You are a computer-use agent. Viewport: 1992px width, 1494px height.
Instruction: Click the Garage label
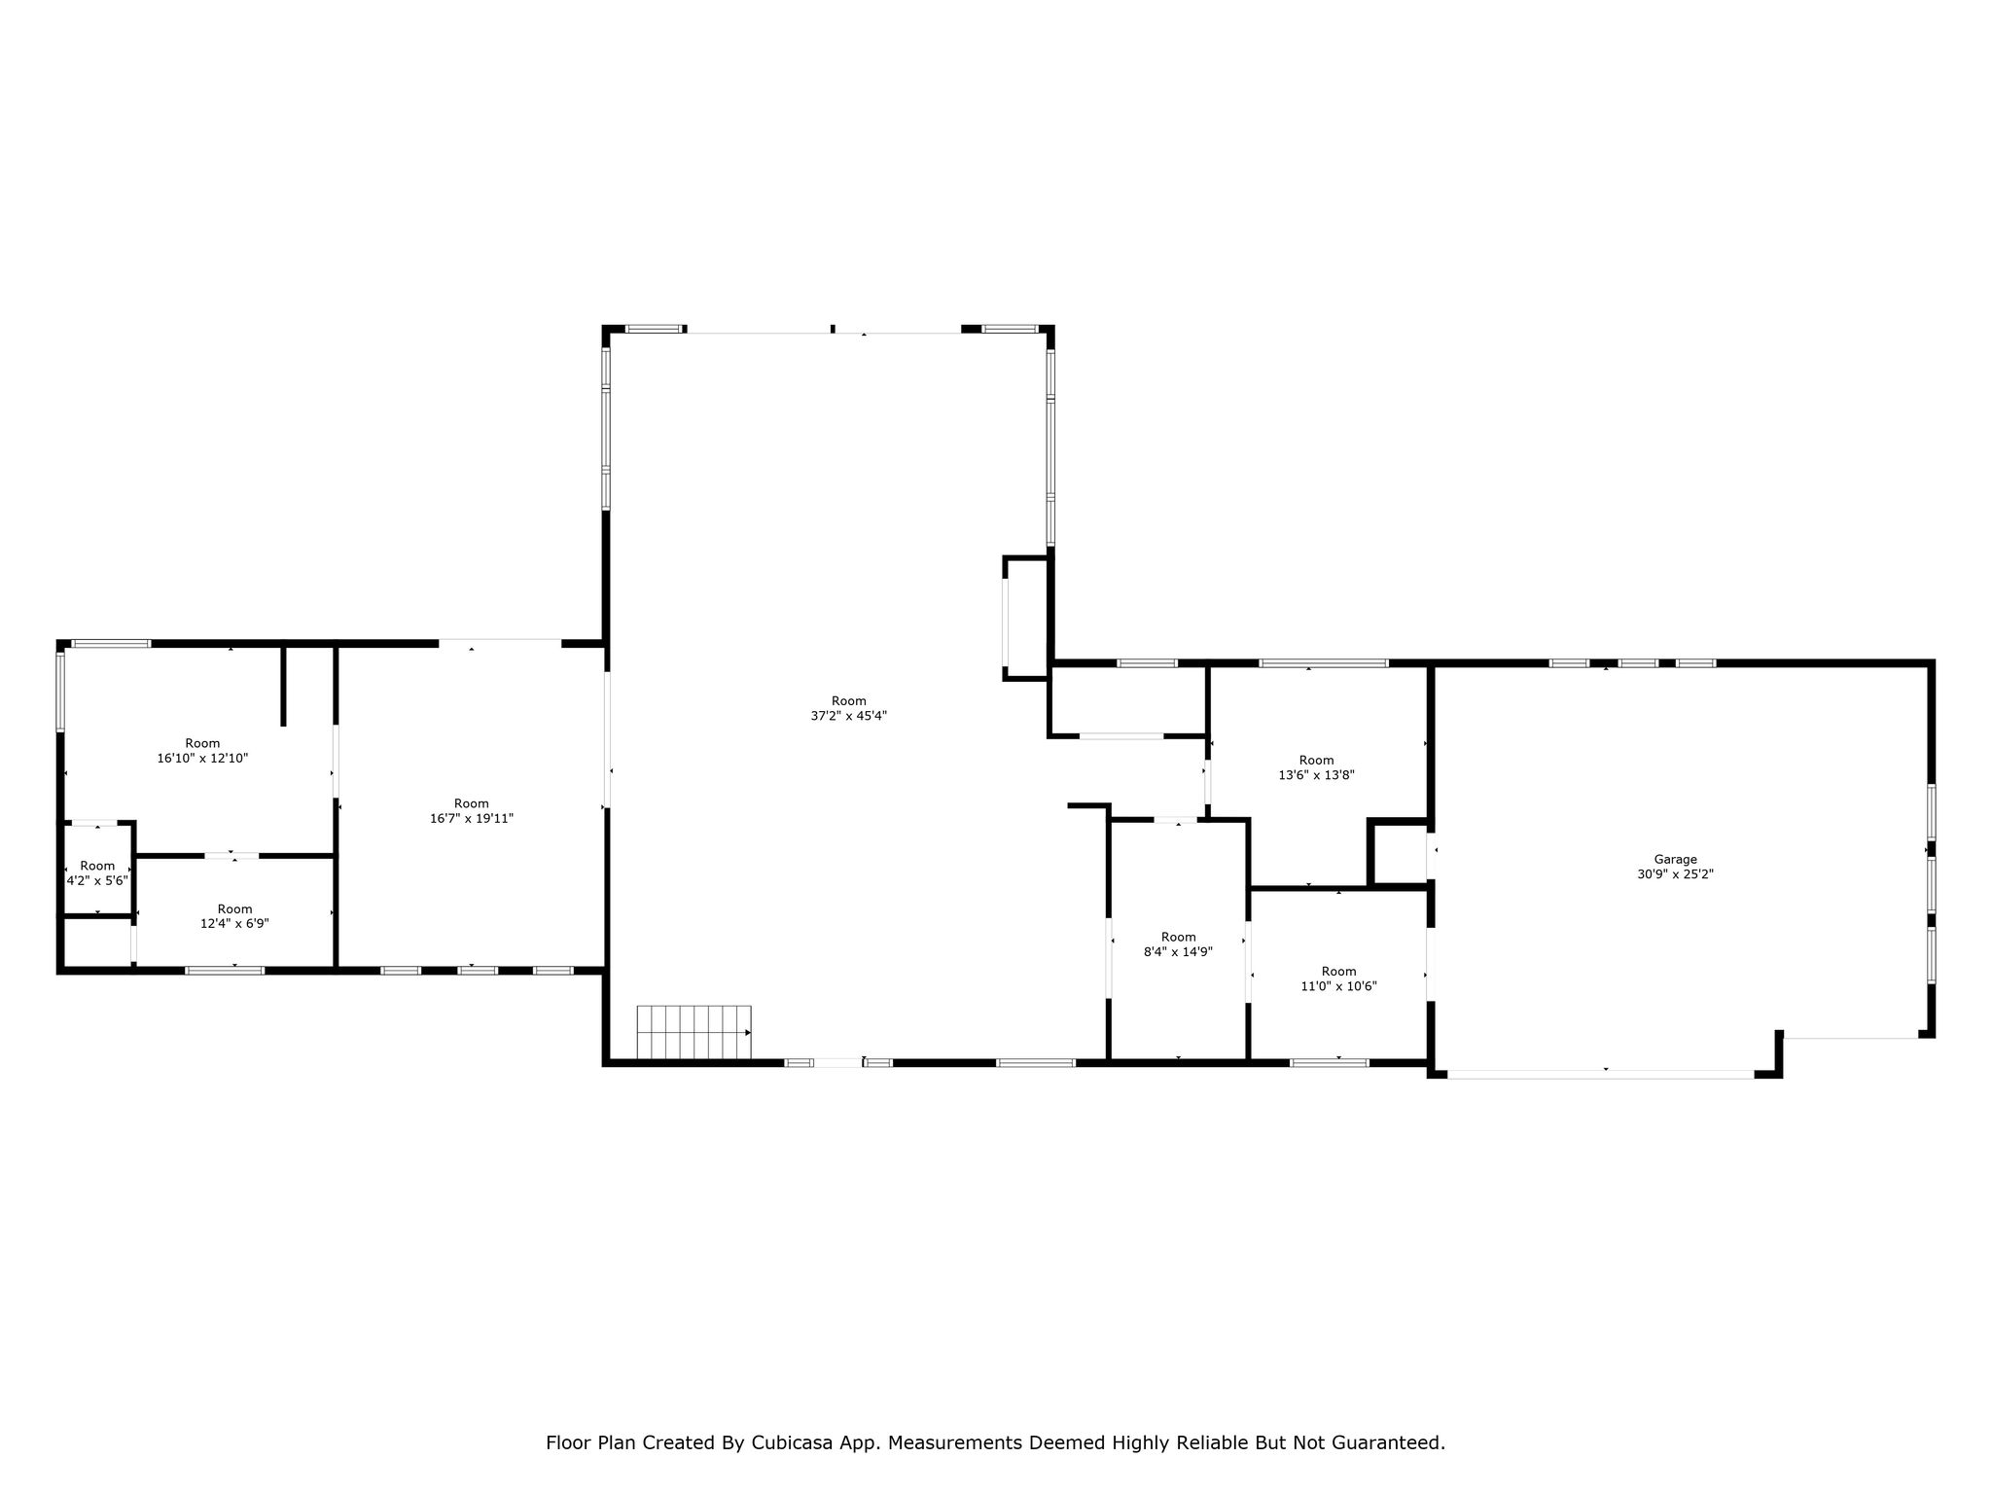click(x=1675, y=859)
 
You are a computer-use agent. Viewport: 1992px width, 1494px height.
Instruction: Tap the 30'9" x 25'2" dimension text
click(x=1675, y=874)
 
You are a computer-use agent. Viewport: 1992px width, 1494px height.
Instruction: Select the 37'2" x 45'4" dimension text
click(x=848, y=716)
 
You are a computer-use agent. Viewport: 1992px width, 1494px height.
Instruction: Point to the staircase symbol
click(x=694, y=1032)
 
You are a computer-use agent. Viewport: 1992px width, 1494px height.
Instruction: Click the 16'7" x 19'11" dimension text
click(x=472, y=819)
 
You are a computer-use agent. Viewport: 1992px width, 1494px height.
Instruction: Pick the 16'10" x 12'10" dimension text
click(x=202, y=758)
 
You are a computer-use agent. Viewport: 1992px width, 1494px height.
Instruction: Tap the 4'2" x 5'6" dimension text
click(x=97, y=880)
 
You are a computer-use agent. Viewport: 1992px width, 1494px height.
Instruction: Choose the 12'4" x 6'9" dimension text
click(x=234, y=924)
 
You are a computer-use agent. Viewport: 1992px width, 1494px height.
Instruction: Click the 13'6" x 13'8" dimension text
click(x=1316, y=775)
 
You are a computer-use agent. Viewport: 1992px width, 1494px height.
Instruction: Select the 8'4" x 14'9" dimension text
click(x=1178, y=952)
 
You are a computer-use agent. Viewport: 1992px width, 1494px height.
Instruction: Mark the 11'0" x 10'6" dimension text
click(x=1338, y=986)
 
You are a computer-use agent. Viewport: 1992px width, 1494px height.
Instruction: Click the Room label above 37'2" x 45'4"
click(x=848, y=700)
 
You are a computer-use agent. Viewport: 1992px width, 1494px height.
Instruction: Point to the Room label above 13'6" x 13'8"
click(x=1316, y=760)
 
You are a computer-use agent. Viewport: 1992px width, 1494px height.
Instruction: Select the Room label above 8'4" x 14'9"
click(x=1178, y=937)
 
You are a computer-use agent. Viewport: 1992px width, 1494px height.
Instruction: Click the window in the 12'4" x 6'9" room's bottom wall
click(x=225, y=970)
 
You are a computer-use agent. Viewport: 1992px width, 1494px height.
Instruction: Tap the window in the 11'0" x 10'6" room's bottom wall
click(x=1330, y=1062)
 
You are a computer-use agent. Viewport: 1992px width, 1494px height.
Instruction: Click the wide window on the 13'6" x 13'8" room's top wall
click(x=1324, y=663)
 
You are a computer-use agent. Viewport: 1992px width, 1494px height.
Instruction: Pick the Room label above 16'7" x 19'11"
click(x=472, y=803)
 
